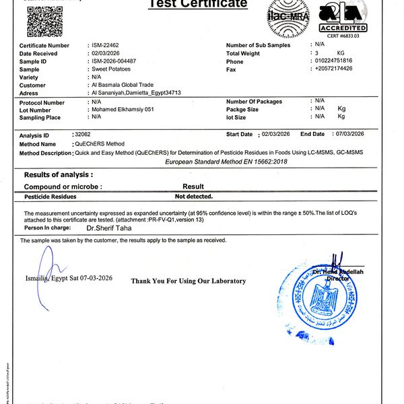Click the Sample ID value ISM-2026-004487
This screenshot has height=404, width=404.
[x=115, y=61]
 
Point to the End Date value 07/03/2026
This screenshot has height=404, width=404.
[x=349, y=135]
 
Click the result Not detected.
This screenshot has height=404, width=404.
[x=194, y=197]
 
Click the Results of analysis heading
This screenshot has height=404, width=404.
[x=59, y=174]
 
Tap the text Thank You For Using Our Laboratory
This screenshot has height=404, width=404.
[x=189, y=281]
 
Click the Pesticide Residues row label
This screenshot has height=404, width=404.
[x=50, y=197]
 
